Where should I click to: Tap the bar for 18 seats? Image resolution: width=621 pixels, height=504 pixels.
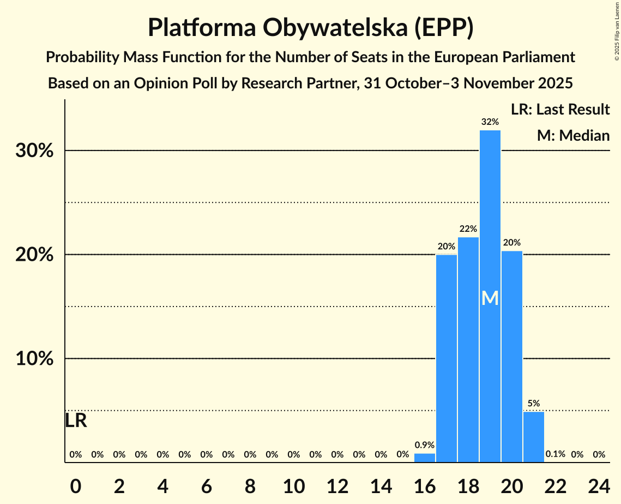pyautogui.click(x=468, y=350)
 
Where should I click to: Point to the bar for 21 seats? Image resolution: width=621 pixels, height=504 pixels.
pyautogui.click(x=534, y=437)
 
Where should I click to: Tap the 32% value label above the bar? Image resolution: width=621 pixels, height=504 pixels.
pyautogui.click(x=490, y=122)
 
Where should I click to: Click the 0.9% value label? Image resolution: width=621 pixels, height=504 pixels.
pyautogui.click(x=425, y=445)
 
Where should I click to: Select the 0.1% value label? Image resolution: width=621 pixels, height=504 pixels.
pyautogui.click(x=555, y=454)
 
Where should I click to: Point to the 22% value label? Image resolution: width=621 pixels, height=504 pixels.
pyautogui.click(x=468, y=229)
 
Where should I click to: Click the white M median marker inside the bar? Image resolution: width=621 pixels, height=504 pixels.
pyautogui.click(x=490, y=298)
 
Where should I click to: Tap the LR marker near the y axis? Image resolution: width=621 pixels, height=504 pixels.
pyautogui.click(x=76, y=421)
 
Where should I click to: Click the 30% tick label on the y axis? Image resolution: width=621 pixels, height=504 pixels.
pyautogui.click(x=34, y=151)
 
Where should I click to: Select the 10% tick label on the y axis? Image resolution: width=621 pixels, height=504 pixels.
pyautogui.click(x=34, y=359)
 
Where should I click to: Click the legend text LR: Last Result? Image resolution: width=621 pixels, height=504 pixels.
pyautogui.click(x=560, y=110)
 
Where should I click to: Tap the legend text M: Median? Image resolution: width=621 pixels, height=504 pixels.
pyautogui.click(x=573, y=135)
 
